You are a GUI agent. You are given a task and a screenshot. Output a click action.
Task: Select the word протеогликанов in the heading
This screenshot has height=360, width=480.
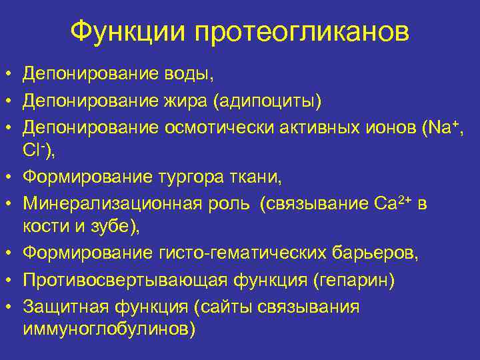pyautogui.click(x=302, y=32)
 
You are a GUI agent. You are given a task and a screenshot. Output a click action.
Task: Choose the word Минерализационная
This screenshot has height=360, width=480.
pyautogui.click(x=107, y=203)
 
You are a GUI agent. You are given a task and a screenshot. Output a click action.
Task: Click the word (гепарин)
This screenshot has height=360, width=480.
pyautogui.click(x=353, y=281)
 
